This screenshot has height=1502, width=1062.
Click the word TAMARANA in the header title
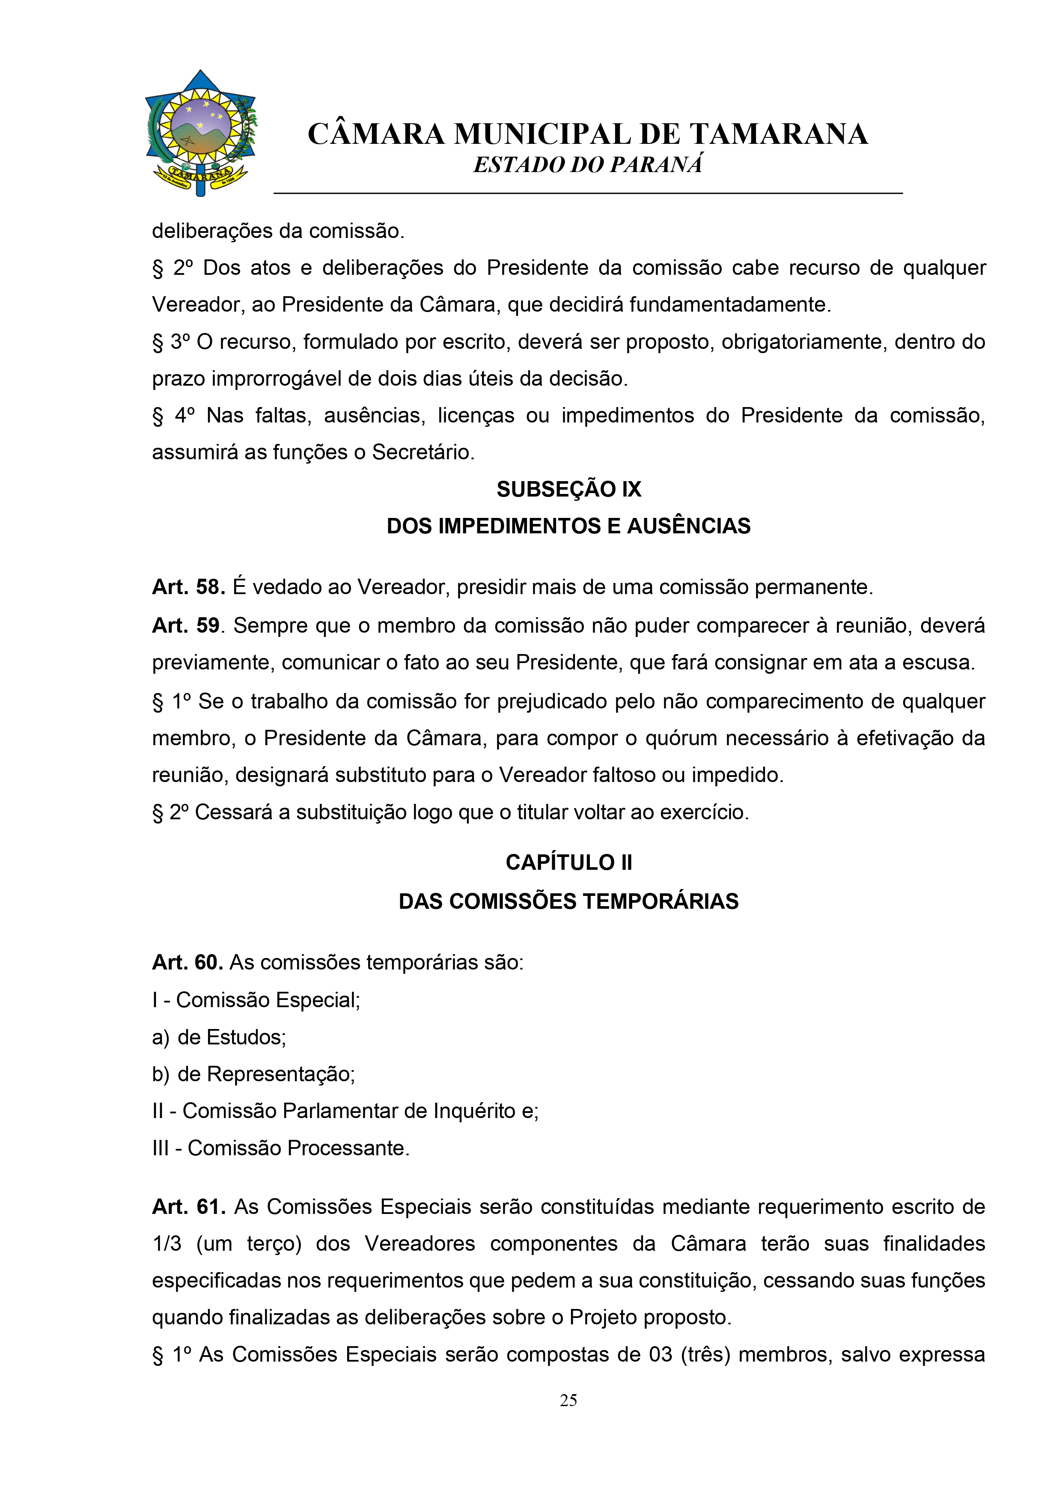pos(779,135)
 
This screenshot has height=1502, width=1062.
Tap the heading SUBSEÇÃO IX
pos(568,489)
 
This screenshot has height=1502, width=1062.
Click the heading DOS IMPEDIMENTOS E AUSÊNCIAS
pos(568,526)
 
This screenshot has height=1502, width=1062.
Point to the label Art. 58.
pos(188,587)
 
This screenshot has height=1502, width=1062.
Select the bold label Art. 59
pos(186,625)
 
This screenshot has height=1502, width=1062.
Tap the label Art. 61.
pos(188,1206)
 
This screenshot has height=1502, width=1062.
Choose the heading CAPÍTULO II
pos(568,862)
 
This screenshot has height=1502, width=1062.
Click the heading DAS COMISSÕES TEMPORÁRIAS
pos(568,901)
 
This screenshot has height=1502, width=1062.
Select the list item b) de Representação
pos(253,1074)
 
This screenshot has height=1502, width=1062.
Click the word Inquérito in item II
pos(474,1111)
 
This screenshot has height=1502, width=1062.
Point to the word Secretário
pos(423,452)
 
